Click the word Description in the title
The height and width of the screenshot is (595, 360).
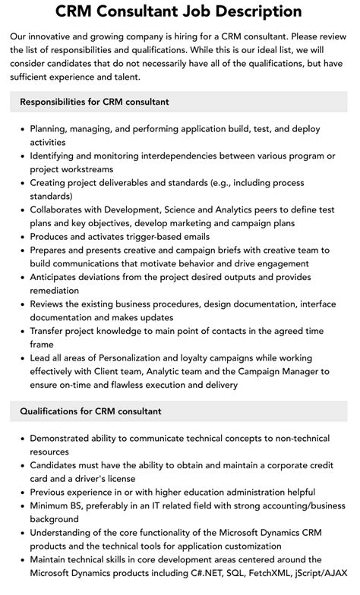click(238, 11)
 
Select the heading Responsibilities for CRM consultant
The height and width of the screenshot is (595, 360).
click(95, 102)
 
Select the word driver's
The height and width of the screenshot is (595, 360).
click(99, 478)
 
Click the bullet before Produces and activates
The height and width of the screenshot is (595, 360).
click(21, 237)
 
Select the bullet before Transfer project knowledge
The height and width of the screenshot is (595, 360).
click(21, 332)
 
